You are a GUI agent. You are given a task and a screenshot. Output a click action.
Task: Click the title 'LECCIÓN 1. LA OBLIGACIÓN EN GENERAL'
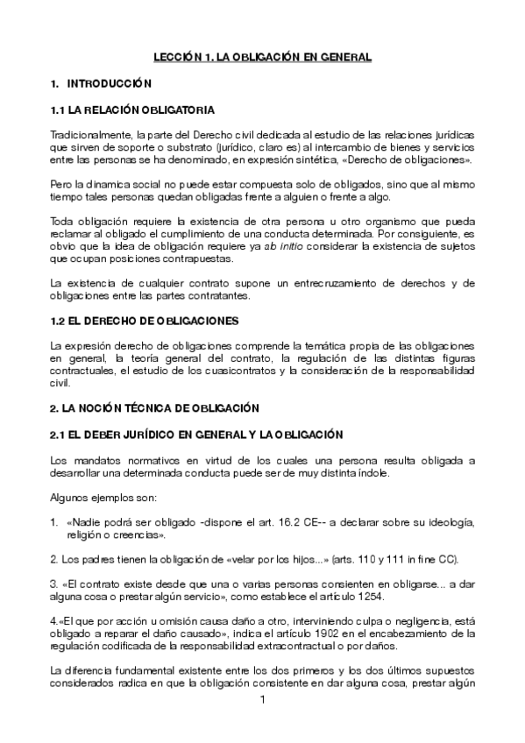(262, 56)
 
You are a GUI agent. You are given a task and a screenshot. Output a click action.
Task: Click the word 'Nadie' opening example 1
(84, 523)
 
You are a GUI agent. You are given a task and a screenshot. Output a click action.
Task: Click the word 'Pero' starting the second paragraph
(61, 187)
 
